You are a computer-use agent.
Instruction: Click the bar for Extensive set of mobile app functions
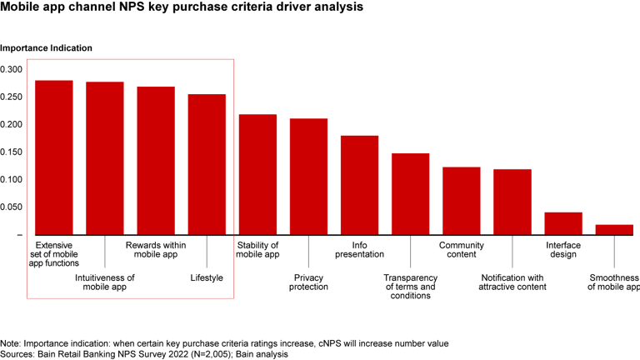click(54, 157)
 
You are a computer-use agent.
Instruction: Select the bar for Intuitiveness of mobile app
click(105, 158)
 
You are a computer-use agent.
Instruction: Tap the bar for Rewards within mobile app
click(156, 161)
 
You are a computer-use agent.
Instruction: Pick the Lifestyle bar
click(207, 164)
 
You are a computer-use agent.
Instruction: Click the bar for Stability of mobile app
click(257, 174)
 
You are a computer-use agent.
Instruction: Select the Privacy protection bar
click(308, 177)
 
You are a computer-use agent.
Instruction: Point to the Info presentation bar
click(359, 185)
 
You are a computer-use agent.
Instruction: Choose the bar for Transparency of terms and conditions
click(410, 194)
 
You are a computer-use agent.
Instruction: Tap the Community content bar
click(461, 201)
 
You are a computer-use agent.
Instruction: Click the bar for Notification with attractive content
click(512, 202)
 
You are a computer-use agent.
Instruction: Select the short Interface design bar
click(563, 223)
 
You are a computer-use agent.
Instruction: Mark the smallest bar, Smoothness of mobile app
click(614, 229)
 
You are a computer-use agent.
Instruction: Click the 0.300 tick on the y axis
click(12, 69)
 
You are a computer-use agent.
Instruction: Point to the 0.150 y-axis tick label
click(12, 152)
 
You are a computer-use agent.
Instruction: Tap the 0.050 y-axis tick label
click(12, 207)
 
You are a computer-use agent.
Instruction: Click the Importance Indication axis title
click(46, 48)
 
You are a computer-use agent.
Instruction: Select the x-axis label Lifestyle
click(207, 277)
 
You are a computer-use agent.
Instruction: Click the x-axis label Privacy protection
click(308, 282)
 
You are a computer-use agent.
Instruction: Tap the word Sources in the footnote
click(19, 354)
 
